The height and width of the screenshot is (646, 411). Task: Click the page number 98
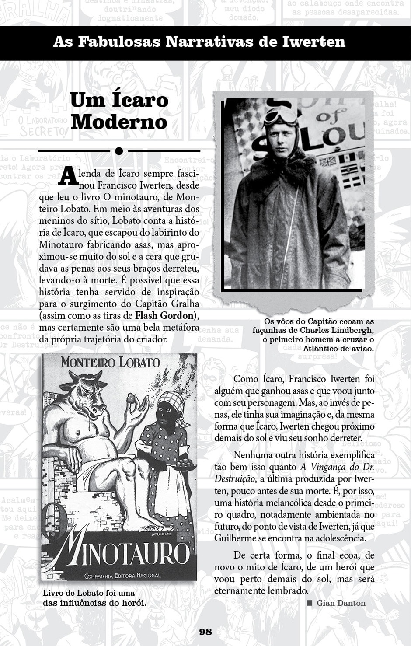205,631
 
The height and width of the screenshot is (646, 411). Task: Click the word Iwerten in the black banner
313,42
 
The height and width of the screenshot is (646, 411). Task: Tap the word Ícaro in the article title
140,100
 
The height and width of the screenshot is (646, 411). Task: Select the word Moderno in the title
119,122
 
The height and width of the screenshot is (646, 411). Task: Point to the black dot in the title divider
118,151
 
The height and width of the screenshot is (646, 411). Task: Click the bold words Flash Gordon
164,315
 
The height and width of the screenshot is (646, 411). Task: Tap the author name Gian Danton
341,603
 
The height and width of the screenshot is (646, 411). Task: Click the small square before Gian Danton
310,603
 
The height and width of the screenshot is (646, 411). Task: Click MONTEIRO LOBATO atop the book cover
110,362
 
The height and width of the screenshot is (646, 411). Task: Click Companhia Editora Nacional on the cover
122,575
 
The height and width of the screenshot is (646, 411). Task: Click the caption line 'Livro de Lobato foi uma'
89,593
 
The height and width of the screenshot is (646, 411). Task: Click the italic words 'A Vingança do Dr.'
337,467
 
